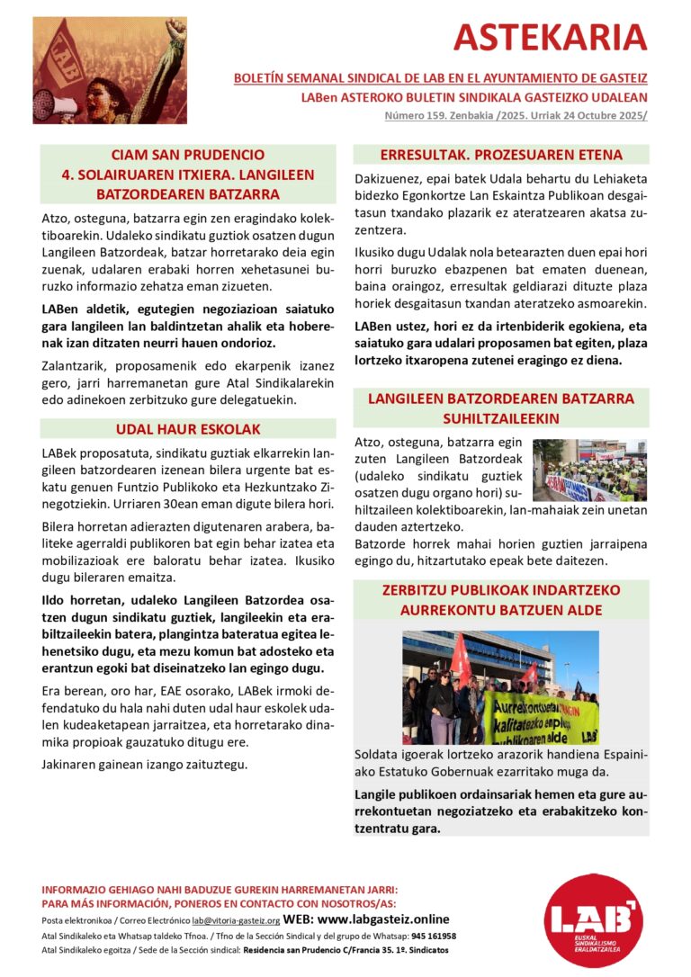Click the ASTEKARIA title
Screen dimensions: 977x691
pos(550,37)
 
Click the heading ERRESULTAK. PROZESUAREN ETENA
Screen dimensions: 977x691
pos(501,154)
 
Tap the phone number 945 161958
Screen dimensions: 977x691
pos(434,936)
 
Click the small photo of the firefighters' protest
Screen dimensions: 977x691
pos(588,470)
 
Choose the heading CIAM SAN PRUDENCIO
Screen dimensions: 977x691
pos(188,155)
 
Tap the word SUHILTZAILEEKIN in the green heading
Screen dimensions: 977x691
pos(500,418)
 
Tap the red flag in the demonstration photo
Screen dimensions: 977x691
pos(461,655)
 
